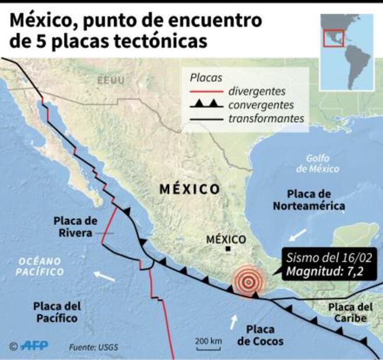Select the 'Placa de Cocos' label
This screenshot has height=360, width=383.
[x=261, y=335]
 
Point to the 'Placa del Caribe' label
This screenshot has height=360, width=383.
[x=348, y=312]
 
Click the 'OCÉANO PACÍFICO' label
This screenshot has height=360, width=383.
[x=40, y=267]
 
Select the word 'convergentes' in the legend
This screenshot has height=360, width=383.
[x=261, y=105]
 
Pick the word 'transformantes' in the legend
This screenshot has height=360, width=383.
[x=267, y=118]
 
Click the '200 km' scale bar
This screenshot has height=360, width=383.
[x=207, y=343]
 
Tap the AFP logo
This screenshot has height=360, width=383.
[x=30, y=346]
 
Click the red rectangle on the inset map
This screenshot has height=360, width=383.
[x=334, y=38]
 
